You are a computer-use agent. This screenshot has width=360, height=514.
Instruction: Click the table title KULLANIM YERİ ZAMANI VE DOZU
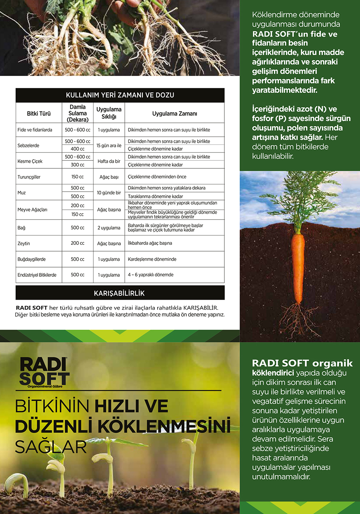(x=120, y=95)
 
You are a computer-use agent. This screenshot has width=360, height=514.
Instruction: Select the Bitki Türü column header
(x=39, y=114)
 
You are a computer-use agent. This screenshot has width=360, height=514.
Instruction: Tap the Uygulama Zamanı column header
(x=174, y=114)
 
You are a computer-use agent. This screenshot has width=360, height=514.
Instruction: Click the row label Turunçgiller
(x=29, y=177)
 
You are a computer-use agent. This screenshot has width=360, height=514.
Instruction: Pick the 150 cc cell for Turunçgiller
(x=77, y=177)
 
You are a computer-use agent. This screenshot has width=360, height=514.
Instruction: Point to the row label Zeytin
(x=24, y=243)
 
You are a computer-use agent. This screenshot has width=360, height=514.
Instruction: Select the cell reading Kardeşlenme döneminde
(x=152, y=259)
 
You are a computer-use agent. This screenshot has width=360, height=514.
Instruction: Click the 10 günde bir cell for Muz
(x=109, y=192)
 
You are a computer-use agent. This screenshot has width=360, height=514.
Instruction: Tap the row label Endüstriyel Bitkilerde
(x=37, y=275)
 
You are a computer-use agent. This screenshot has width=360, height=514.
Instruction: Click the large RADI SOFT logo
(x=44, y=371)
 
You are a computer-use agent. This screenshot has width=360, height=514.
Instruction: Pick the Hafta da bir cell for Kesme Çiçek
(x=109, y=161)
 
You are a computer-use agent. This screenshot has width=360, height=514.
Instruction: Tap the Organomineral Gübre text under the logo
(x=42, y=386)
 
